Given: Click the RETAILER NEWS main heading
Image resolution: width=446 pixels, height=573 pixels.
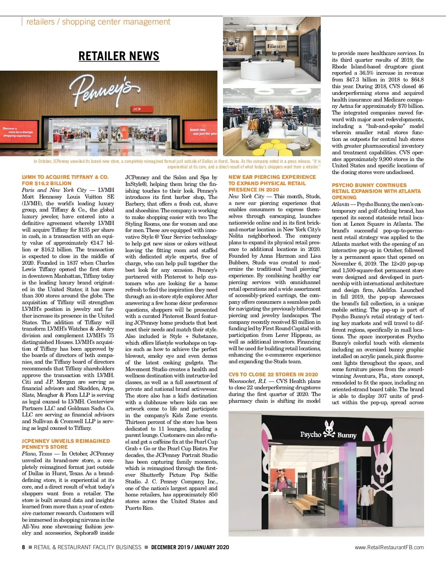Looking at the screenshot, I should (119, 56).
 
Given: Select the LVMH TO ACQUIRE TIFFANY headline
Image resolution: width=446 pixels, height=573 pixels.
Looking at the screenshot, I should (65, 180).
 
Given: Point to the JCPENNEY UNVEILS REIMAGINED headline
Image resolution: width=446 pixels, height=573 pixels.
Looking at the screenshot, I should (66, 444).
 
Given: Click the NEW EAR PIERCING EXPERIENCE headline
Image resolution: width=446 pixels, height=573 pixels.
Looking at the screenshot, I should (272, 183).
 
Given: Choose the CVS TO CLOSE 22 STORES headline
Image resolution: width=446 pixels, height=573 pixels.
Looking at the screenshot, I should (273, 374).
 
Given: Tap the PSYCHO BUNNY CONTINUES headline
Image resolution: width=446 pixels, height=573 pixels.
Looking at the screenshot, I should (376, 191).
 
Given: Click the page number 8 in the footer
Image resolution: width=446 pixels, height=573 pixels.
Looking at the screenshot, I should (23, 547).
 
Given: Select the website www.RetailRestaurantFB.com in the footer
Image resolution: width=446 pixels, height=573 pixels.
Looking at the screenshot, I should (389, 547).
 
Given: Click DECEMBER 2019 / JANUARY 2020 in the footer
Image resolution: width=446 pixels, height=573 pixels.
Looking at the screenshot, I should (190, 547).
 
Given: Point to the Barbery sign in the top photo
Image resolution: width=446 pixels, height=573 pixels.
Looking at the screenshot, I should (277, 46).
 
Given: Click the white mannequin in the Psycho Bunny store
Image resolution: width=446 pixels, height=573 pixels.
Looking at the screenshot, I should (366, 497).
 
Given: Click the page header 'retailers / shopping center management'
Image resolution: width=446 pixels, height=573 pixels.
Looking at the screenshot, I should (98, 22).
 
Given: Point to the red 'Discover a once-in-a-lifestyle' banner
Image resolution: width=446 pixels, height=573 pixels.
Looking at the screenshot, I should (18, 132).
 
